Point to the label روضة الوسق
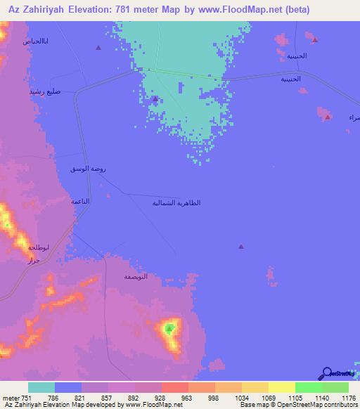pos(89,169)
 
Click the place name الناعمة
pos(80,201)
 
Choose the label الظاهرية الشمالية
pos(176,203)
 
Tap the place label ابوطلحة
pos(38,247)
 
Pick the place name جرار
pos(32,261)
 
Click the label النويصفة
pos(135,277)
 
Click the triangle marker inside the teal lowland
pos(155,99)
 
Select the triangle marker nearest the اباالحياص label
pos(98,48)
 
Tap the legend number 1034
pos(229,397)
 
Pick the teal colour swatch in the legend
pos(41,387)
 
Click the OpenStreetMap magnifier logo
pos(326,374)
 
